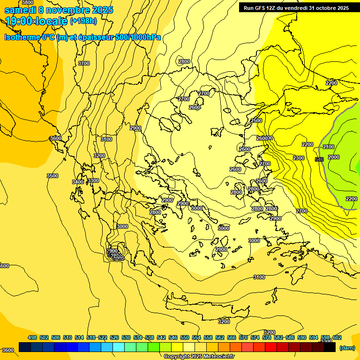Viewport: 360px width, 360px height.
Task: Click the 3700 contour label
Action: pyautogui.click(x=84, y=63)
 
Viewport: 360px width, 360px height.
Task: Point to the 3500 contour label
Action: pyautogui.click(x=52, y=176)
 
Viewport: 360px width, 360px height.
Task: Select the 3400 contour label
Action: pyautogui.click(x=78, y=182)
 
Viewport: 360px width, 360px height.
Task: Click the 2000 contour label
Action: pyautogui.click(x=334, y=157)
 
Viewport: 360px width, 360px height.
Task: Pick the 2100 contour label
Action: pyautogui.click(x=329, y=147)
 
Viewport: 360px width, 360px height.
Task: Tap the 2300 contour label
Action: pyautogui.click(x=299, y=158)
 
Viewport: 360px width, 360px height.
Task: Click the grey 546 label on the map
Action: pyautogui.click(x=319, y=159)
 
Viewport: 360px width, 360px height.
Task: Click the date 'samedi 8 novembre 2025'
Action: pyautogui.click(x=59, y=10)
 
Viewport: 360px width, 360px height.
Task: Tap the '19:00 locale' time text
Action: pyautogui.click(x=35, y=21)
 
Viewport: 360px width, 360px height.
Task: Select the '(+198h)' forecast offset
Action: pyautogui.click(x=83, y=21)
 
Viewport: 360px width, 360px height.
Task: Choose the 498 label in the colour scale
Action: pyautogui.click(x=32, y=337)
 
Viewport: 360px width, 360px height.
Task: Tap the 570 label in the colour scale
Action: pyautogui.click(x=243, y=337)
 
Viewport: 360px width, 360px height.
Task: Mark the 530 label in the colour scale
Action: pyautogui.click(x=126, y=337)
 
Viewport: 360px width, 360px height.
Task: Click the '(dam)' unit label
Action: pyautogui.click(x=347, y=348)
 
